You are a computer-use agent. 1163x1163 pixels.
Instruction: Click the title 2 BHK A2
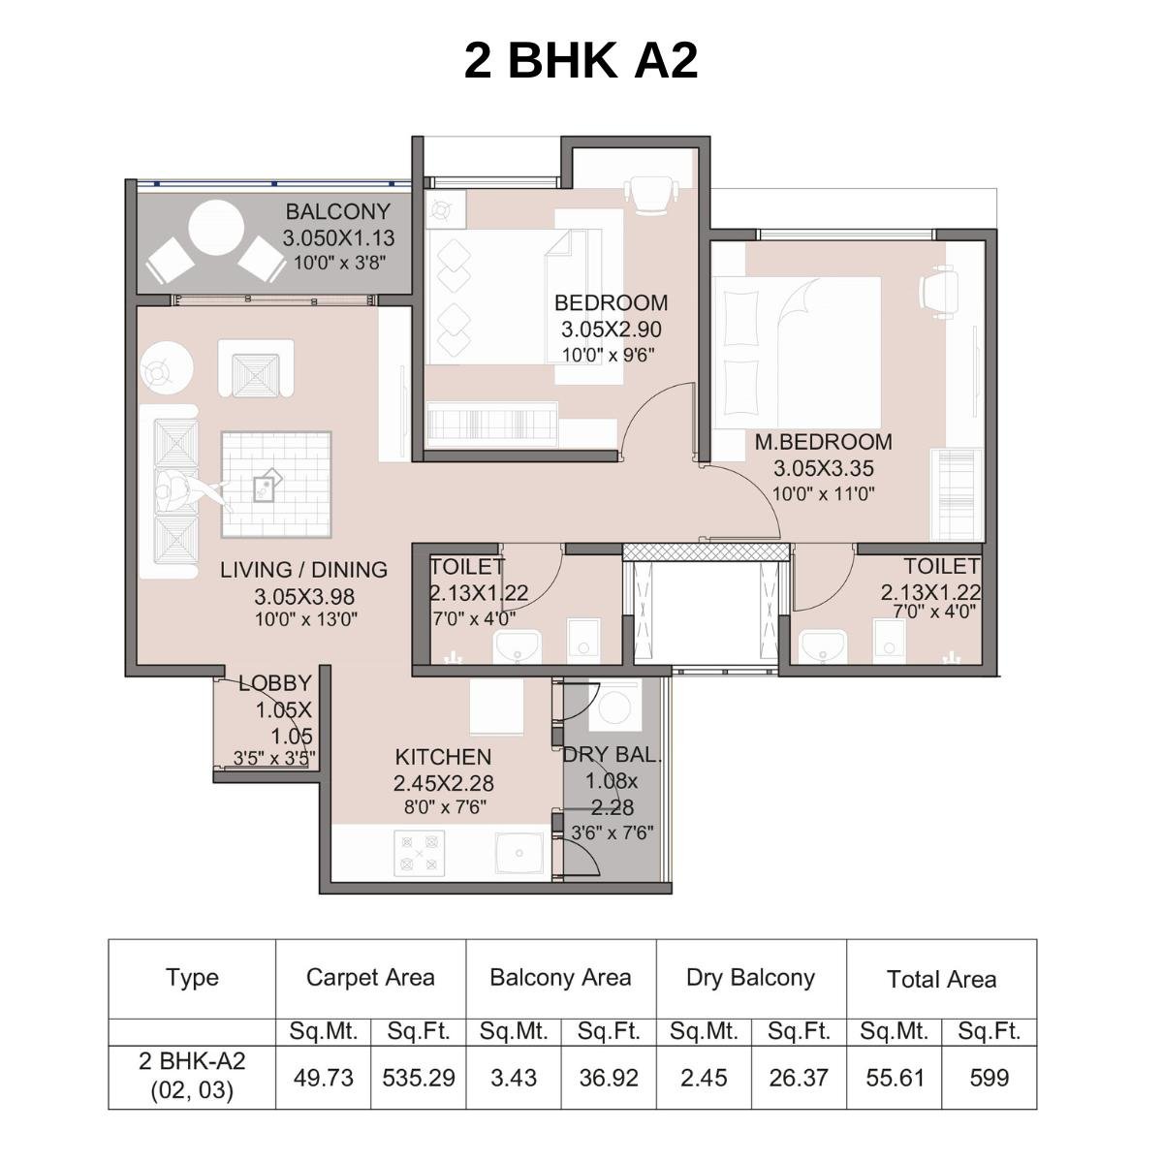coord(581,60)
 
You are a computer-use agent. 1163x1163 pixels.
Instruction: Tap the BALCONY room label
coord(337,211)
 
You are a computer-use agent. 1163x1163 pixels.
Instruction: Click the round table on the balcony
coord(215,229)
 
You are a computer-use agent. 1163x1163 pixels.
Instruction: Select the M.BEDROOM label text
coord(823,442)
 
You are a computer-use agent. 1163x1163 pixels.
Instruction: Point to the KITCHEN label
coord(443,757)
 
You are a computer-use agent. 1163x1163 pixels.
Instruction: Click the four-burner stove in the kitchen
coord(420,853)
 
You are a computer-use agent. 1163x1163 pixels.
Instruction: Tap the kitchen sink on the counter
coord(520,853)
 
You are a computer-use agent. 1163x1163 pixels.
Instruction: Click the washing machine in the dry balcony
coord(613,707)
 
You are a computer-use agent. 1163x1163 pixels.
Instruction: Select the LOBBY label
coord(275,683)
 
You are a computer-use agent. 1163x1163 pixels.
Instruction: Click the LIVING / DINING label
coord(303,570)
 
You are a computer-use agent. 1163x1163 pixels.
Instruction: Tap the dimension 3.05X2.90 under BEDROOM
coord(611,330)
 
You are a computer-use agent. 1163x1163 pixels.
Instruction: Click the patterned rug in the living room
coord(276,484)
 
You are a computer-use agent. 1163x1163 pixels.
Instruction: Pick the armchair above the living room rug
coord(256,368)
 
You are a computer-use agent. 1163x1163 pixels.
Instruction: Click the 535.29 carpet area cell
coord(418,1077)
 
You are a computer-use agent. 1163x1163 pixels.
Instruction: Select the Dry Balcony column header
coord(750,978)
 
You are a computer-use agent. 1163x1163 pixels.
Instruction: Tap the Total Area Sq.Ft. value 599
coord(989,1077)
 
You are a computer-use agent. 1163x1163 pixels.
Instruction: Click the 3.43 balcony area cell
coord(513,1077)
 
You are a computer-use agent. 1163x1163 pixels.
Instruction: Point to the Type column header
coord(192,978)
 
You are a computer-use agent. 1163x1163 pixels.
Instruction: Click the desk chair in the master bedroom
coord(937,293)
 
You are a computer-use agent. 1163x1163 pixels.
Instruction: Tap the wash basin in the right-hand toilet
coord(825,644)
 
